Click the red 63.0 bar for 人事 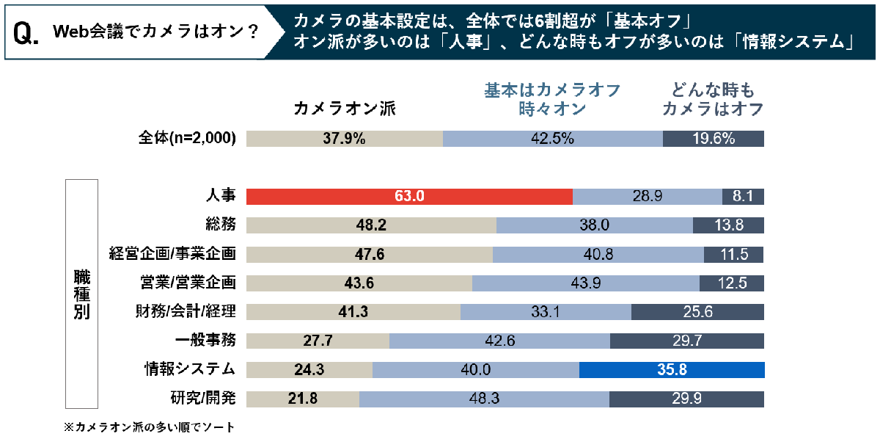point(409,197)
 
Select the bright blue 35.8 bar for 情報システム point(671,369)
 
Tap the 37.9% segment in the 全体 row point(345,139)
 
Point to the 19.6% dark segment point(713,139)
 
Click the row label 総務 point(221,225)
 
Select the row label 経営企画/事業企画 point(172,254)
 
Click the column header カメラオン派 point(344,109)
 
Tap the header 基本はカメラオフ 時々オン point(552,99)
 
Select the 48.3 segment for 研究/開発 point(484,399)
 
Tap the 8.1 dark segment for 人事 point(743,197)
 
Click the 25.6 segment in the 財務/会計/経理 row point(697,312)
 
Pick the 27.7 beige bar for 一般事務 point(318,341)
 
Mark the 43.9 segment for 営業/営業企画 point(585,283)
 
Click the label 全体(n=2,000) point(187,139)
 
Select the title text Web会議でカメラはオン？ point(155,33)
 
